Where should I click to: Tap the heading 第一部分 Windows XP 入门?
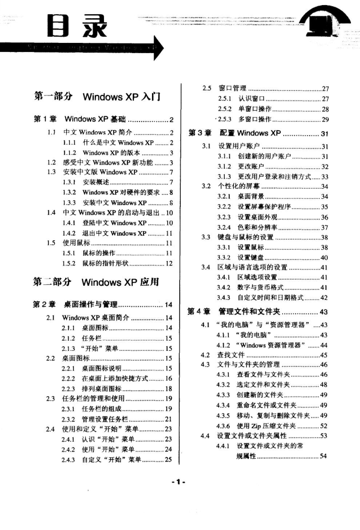click(x=96, y=96)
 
